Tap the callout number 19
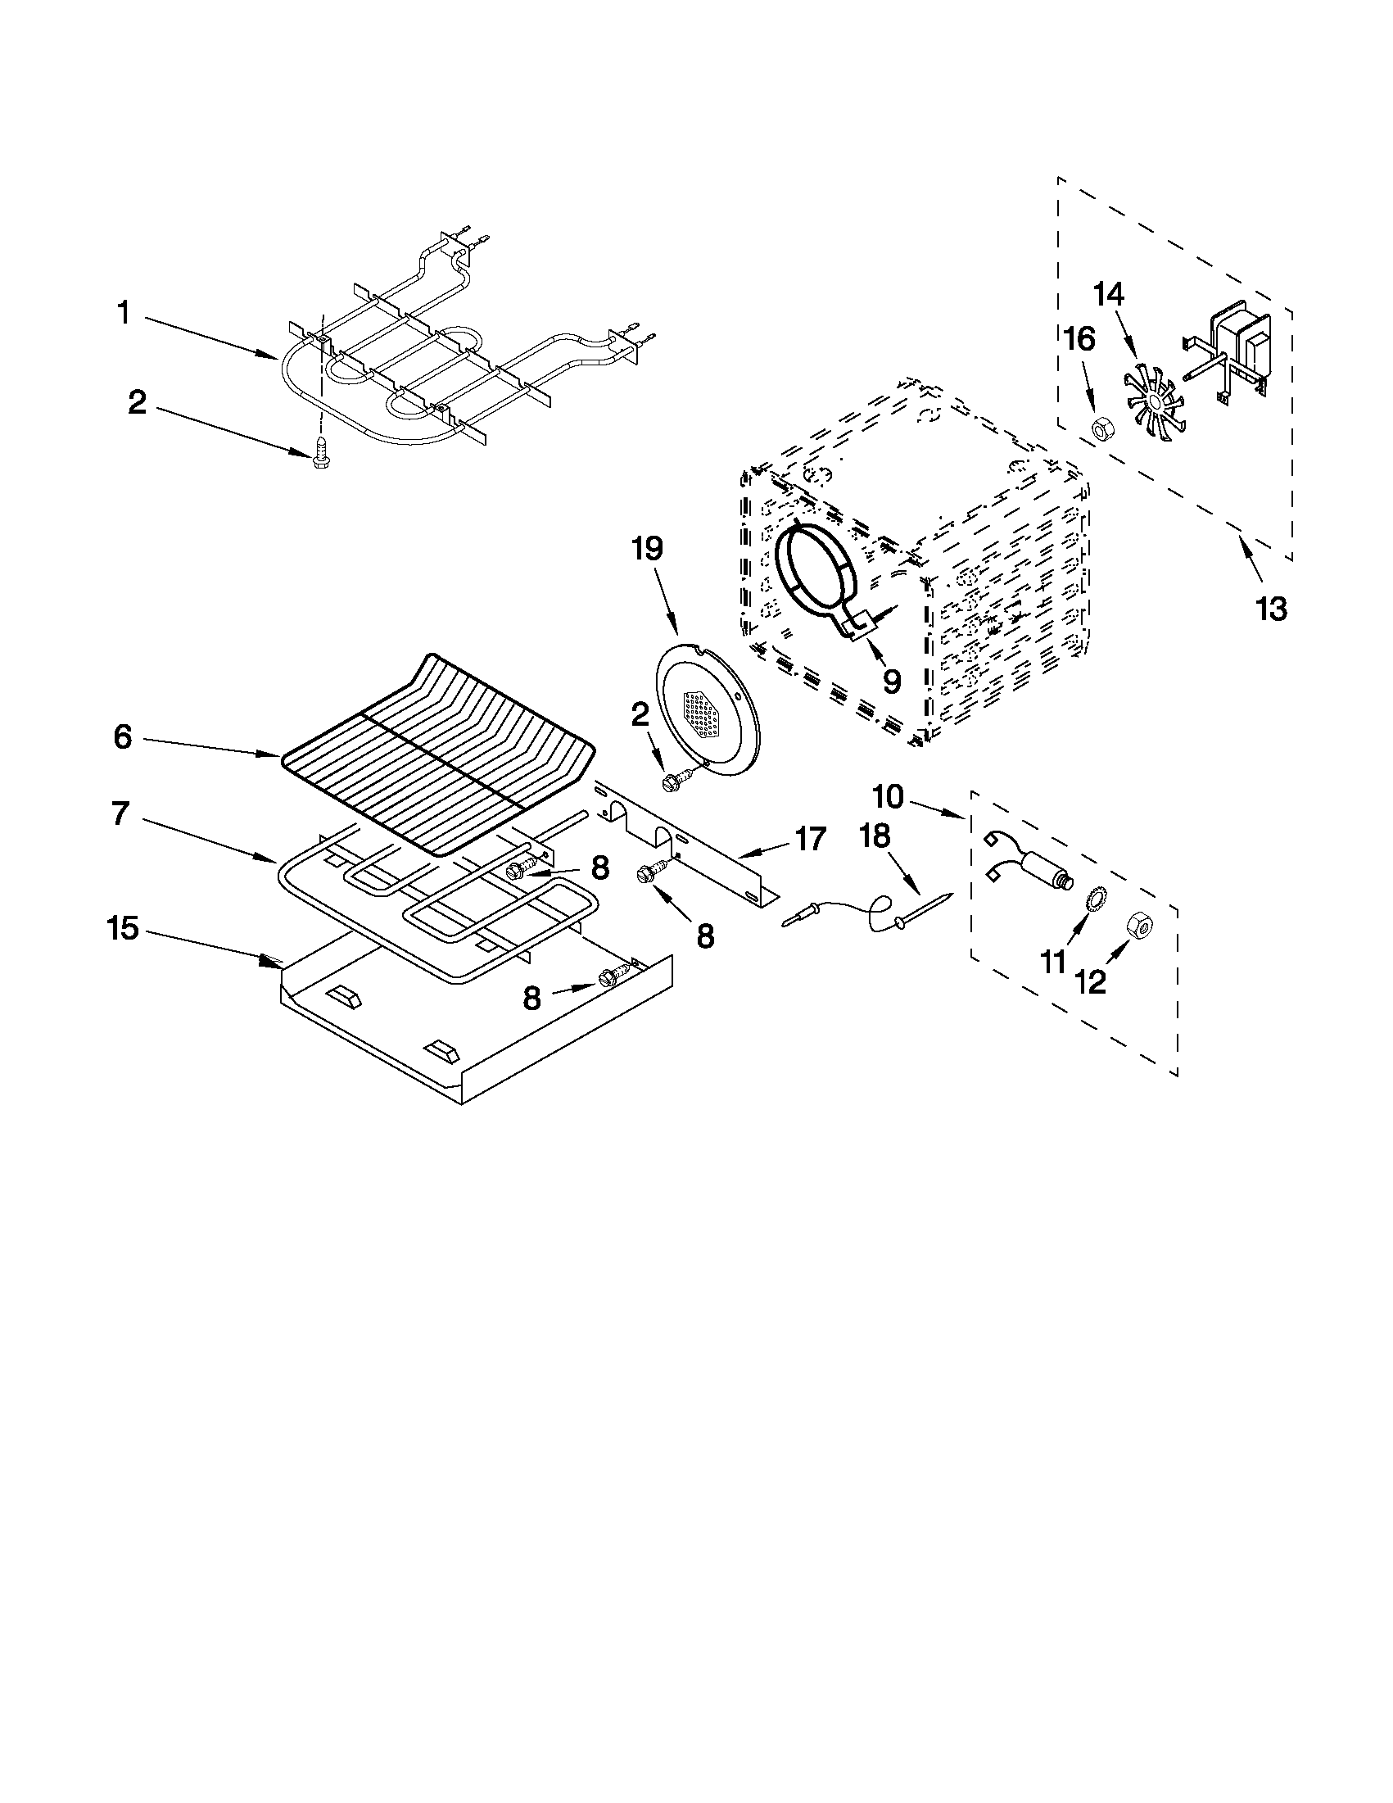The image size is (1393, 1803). pos(647,548)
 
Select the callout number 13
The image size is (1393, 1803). pos(1271,609)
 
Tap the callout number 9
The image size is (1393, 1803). pos(891,681)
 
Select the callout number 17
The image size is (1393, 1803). pos(810,839)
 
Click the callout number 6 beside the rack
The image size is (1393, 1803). pos(122,737)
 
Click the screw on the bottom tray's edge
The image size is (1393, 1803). pos(611,976)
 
